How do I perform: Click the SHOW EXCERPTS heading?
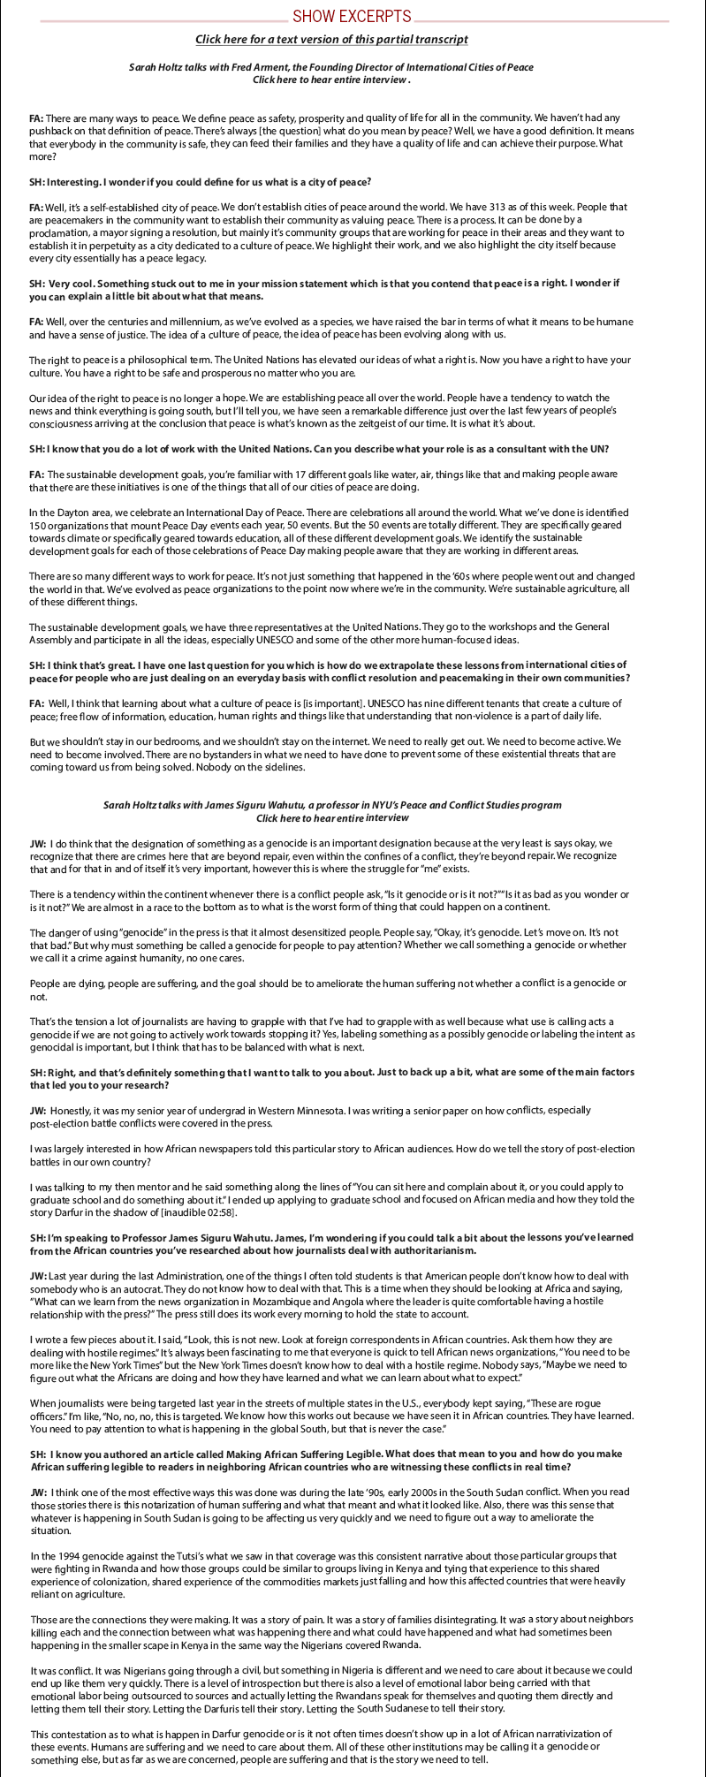pyautogui.click(x=352, y=16)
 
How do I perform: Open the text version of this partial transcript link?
pyautogui.click(x=331, y=39)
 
